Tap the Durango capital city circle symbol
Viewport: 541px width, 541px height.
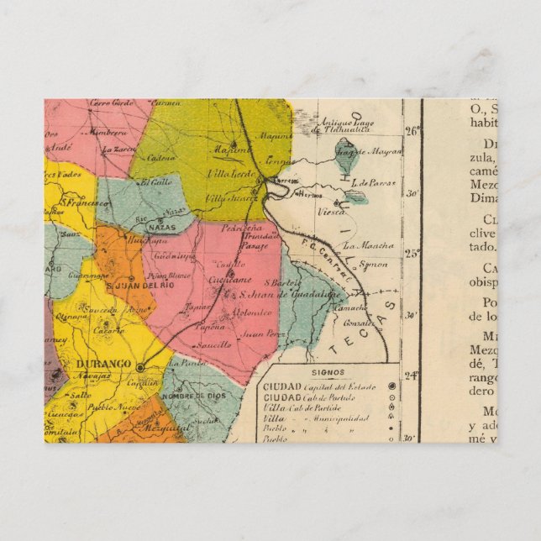tap(140, 367)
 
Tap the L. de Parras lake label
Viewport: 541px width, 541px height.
tap(373, 181)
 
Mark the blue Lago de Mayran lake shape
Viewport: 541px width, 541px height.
tap(345, 152)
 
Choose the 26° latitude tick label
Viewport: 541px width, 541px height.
tap(412, 131)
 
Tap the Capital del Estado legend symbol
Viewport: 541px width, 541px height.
tap(391, 386)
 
